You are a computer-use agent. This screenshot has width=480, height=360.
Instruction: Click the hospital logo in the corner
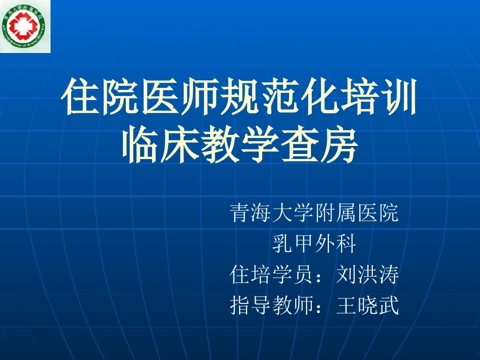(25, 26)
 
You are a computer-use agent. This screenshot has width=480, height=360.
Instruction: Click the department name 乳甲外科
(314, 245)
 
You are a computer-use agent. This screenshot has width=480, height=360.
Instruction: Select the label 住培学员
(272, 276)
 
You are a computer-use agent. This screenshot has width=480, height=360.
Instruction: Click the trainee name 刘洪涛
(368, 276)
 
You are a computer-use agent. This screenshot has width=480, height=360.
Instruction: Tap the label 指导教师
(272, 305)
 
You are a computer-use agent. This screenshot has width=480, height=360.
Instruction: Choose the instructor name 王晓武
(368, 305)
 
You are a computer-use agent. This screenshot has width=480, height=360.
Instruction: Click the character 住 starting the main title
(80, 97)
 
